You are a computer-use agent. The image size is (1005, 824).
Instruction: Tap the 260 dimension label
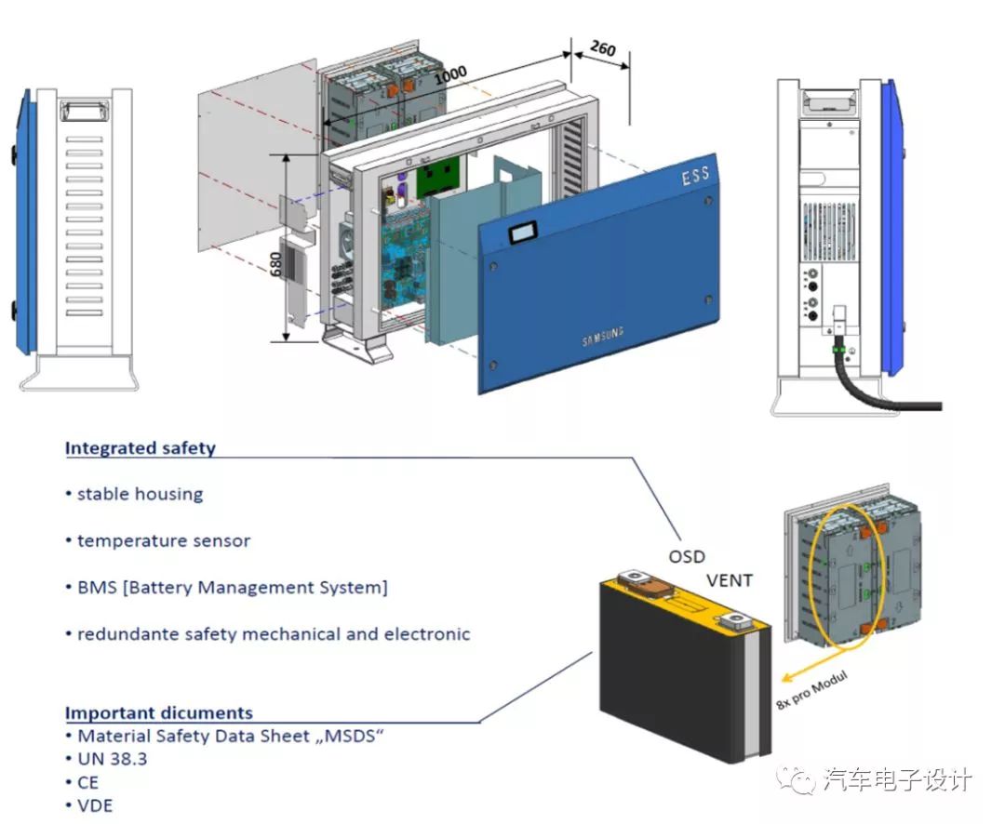(x=603, y=47)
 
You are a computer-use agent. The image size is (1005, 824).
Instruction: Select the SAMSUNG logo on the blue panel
(x=603, y=337)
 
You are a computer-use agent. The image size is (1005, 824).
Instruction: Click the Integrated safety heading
(x=140, y=448)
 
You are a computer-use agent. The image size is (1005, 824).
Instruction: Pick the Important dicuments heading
(x=158, y=713)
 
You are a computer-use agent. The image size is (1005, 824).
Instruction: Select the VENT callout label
(x=730, y=581)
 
